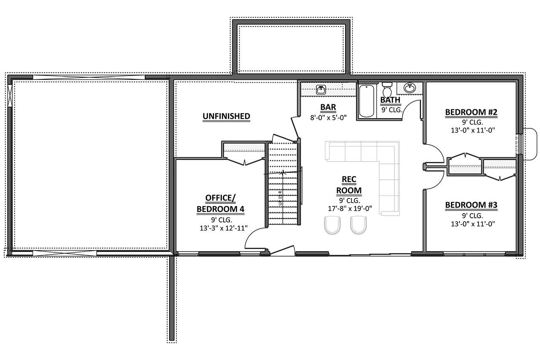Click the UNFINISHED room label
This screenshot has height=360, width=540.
click(x=226, y=116)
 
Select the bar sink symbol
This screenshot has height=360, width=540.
click(x=321, y=89)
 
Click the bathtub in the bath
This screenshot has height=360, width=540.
click(x=366, y=100)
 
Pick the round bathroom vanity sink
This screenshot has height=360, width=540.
click(x=409, y=88)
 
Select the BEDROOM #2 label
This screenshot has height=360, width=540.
click(x=471, y=112)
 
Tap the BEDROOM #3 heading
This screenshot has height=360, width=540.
click(x=471, y=205)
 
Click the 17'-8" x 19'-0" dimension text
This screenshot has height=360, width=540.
click(x=348, y=208)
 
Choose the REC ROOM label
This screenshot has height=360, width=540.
click(x=348, y=185)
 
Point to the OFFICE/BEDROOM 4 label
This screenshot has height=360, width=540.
click(x=219, y=203)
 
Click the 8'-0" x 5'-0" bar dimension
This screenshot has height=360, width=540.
click(x=328, y=118)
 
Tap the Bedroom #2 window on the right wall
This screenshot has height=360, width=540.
click(x=520, y=144)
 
